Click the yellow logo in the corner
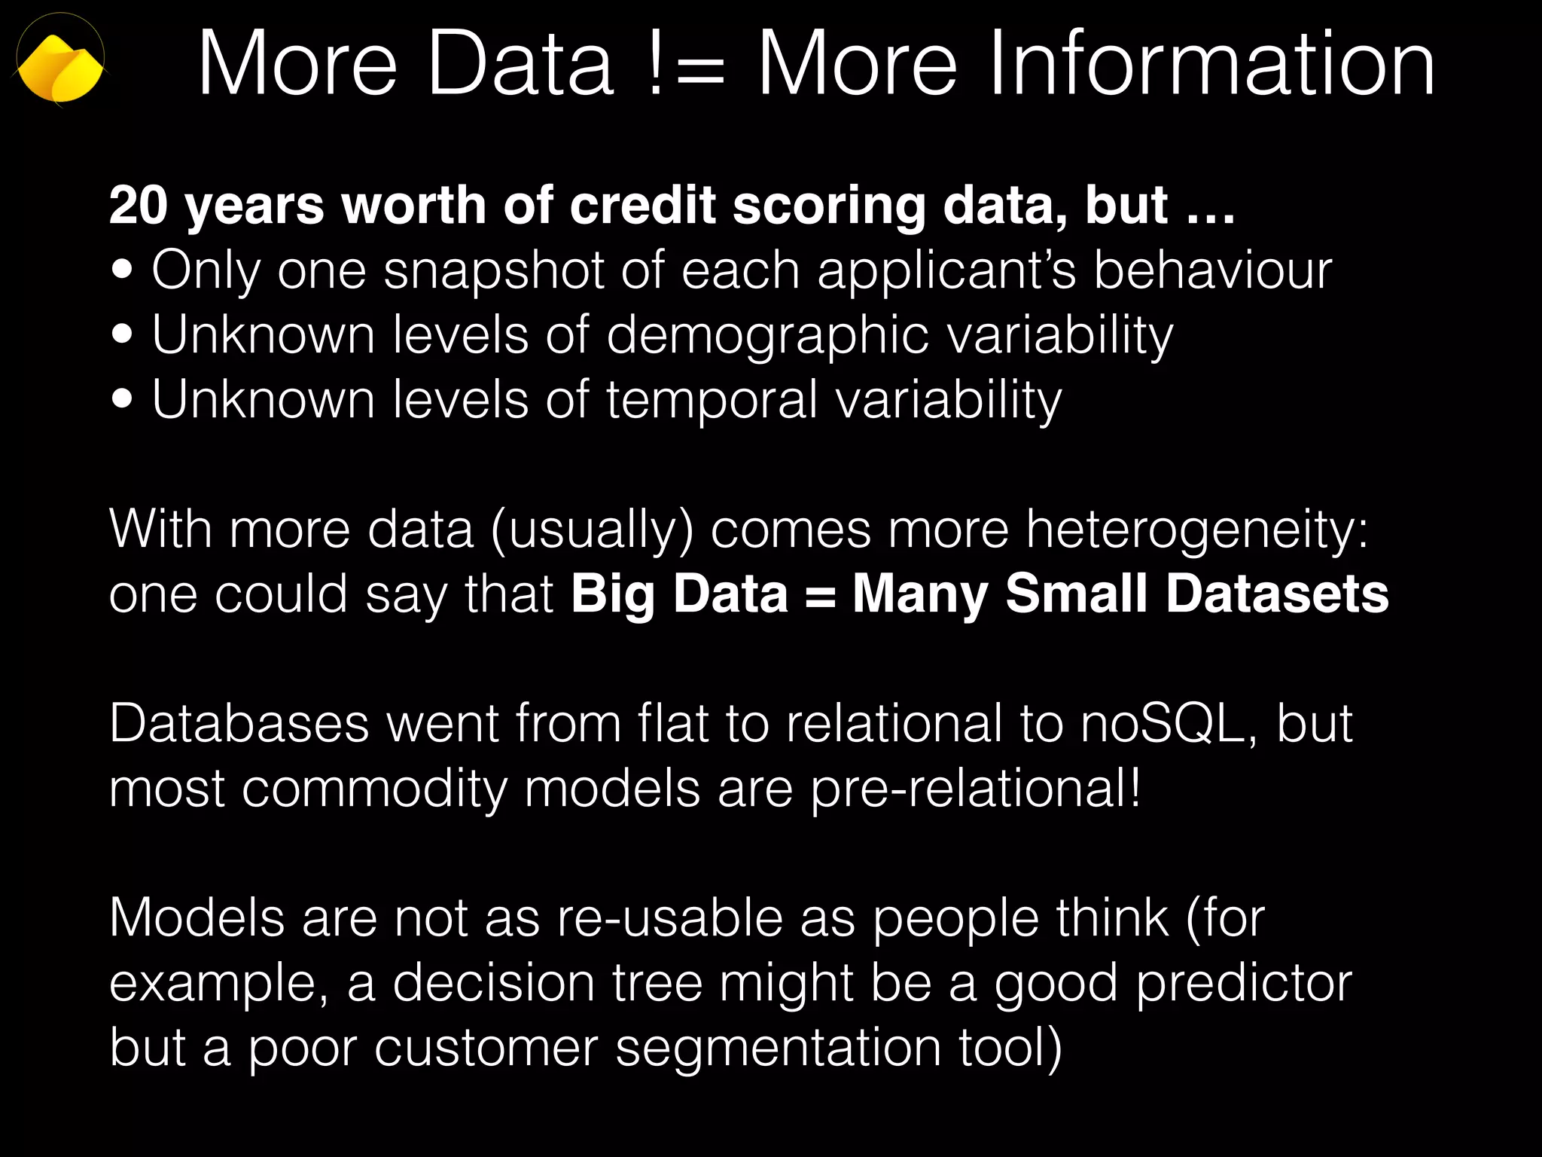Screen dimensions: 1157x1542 [60, 66]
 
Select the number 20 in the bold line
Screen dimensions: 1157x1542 [138, 205]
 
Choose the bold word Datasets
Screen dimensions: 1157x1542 [1277, 594]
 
